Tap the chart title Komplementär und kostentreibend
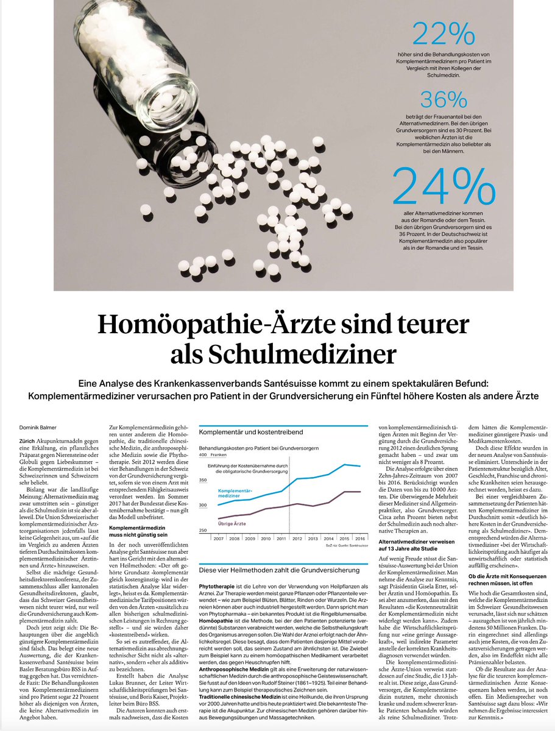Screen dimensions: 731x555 coord(246,432)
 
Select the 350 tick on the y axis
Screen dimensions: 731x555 coord(203,480)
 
